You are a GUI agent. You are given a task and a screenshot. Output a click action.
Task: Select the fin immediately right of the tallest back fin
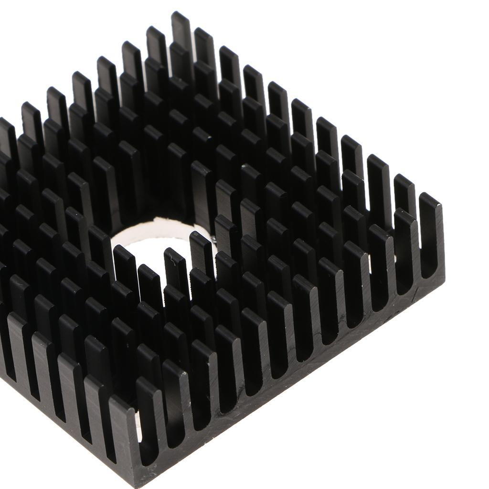pyautogui.click(x=204, y=45)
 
